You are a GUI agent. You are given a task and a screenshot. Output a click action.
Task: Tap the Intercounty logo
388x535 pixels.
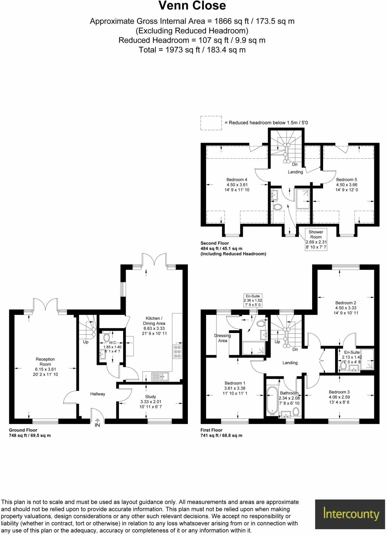tap(351, 514)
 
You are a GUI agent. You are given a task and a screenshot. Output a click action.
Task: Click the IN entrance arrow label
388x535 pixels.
tap(97, 425)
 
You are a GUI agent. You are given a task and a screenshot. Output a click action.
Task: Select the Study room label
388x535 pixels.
tap(150, 397)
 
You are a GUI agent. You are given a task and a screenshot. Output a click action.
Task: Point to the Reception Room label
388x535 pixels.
tap(45, 362)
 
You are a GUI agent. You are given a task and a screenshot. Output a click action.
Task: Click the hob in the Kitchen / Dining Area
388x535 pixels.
tap(178, 352)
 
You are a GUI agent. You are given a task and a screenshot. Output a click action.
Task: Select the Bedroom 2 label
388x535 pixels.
tap(346, 303)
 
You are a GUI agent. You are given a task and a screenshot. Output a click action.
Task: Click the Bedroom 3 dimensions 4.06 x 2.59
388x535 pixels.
tap(339, 397)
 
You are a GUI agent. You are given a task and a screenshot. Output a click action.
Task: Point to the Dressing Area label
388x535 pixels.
tap(223, 338)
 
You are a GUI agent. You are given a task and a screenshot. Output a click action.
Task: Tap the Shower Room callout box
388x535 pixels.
tap(316, 240)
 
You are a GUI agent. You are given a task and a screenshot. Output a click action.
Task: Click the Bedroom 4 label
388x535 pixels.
tap(237, 180)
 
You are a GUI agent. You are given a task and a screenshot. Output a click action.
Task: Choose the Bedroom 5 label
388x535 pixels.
tap(346, 180)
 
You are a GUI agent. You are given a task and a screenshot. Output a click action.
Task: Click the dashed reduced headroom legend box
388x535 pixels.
tap(211, 123)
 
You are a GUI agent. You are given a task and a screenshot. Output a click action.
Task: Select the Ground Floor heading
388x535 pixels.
tap(23, 430)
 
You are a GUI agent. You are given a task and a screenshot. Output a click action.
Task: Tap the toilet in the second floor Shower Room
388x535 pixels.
tap(277, 207)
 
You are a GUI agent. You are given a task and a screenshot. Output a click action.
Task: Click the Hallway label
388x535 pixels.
tap(98, 394)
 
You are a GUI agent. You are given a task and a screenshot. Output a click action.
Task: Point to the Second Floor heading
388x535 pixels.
tap(214, 243)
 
